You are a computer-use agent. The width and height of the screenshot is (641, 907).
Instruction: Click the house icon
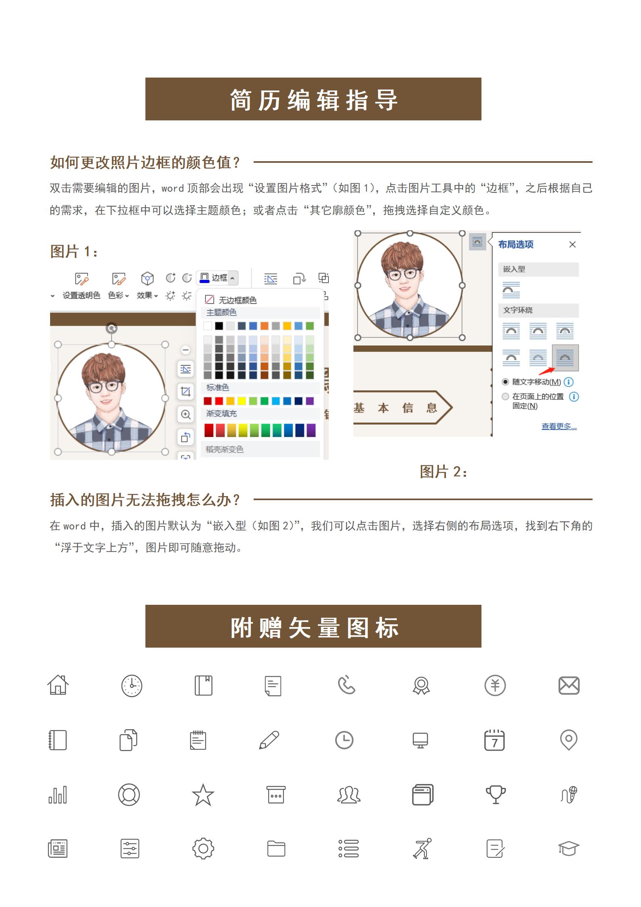[58, 685]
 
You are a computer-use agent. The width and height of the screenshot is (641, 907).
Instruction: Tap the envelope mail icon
[569, 685]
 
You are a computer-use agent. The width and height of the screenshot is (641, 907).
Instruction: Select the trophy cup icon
[496, 794]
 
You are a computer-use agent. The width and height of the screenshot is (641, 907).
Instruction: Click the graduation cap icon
[569, 848]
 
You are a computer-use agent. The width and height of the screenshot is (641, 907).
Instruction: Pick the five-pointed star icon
[203, 795]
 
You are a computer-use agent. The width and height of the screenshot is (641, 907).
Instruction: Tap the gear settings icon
[203, 848]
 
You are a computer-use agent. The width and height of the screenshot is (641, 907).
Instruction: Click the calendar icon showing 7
[494, 740]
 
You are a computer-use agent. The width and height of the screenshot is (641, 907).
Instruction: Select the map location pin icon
[569, 740]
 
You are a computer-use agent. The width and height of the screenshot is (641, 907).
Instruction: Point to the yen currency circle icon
[495, 685]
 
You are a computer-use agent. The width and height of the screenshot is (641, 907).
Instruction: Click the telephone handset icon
[347, 685]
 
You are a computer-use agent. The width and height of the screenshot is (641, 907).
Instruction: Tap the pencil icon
[269, 740]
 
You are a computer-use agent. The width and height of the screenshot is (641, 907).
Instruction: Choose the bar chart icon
[58, 795]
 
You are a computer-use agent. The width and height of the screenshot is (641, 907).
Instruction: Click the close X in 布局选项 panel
[572, 244]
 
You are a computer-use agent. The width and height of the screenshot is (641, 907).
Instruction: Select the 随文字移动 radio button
[505, 382]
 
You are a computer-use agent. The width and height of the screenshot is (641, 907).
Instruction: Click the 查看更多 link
[559, 426]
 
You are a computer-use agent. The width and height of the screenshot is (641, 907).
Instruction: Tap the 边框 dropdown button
[218, 278]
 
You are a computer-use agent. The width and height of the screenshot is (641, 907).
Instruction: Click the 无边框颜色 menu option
[231, 300]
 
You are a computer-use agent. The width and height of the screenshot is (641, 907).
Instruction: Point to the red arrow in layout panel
[548, 371]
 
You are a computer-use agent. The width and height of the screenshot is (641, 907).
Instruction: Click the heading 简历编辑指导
[313, 99]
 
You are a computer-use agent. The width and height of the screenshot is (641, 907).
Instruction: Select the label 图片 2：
[443, 471]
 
